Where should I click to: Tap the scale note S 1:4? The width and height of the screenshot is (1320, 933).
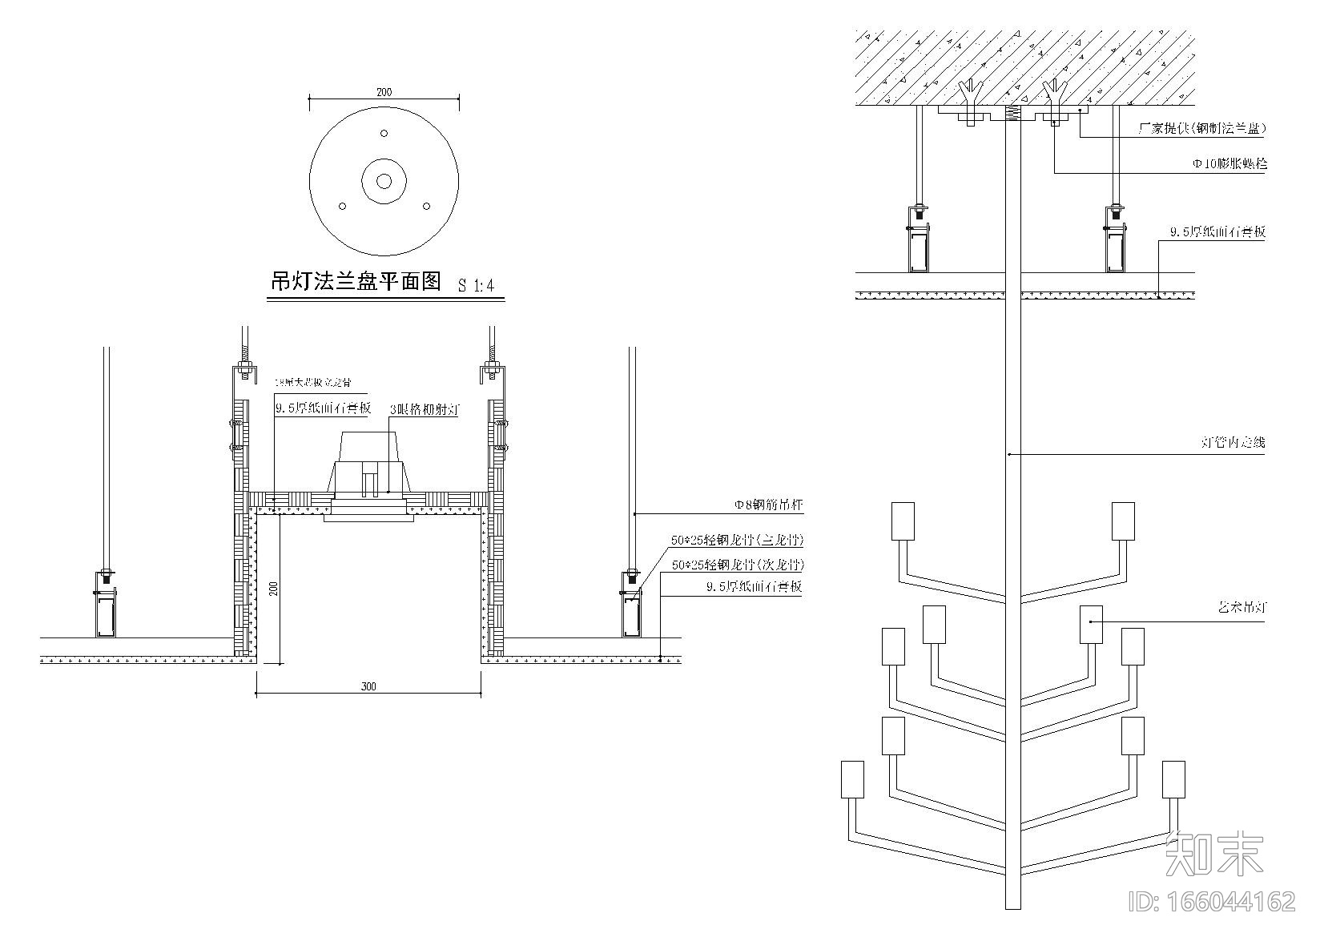(x=476, y=284)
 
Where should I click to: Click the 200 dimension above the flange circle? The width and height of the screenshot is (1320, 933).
(x=384, y=93)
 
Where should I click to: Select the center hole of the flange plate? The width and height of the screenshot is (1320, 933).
(x=384, y=181)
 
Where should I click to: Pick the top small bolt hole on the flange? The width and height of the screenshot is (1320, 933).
(x=384, y=133)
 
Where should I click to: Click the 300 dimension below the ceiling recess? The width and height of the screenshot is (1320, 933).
(x=368, y=686)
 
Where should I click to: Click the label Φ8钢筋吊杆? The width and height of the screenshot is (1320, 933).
(x=768, y=505)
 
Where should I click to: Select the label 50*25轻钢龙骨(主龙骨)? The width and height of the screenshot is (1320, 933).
(x=737, y=541)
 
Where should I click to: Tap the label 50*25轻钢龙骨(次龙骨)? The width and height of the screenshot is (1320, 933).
(x=737, y=565)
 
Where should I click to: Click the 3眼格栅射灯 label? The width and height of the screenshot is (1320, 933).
(x=425, y=409)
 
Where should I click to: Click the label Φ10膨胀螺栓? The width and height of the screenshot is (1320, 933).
(x=1229, y=164)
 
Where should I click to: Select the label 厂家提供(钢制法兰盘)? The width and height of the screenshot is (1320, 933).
(x=1201, y=128)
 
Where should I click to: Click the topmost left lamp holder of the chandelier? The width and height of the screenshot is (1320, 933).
(x=903, y=521)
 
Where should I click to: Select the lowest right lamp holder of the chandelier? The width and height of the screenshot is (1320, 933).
(x=1173, y=779)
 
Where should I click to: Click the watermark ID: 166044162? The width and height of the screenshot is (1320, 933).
(x=1211, y=902)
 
